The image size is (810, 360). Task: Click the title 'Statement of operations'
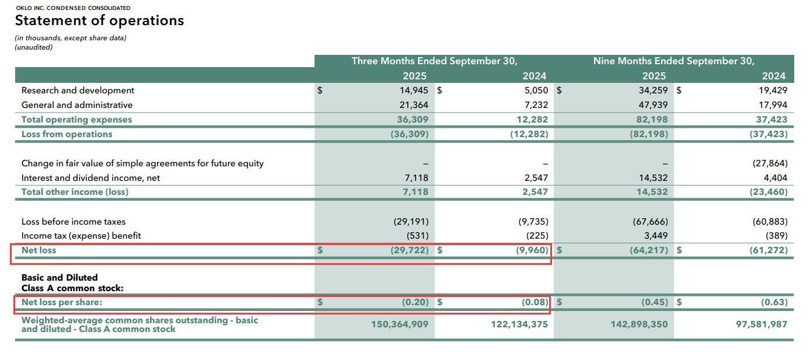(99, 20)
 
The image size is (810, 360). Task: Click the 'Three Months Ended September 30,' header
(434, 61)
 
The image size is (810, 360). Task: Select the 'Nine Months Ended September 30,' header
(673, 61)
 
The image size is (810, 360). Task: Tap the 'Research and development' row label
(78, 90)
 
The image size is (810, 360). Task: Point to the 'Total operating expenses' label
(76, 120)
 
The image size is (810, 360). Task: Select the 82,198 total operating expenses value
(652, 120)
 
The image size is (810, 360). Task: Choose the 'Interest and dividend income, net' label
(90, 178)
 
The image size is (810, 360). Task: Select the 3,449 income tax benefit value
(655, 236)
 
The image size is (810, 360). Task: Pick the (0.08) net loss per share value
(535, 302)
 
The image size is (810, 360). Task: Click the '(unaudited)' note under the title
(34, 47)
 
